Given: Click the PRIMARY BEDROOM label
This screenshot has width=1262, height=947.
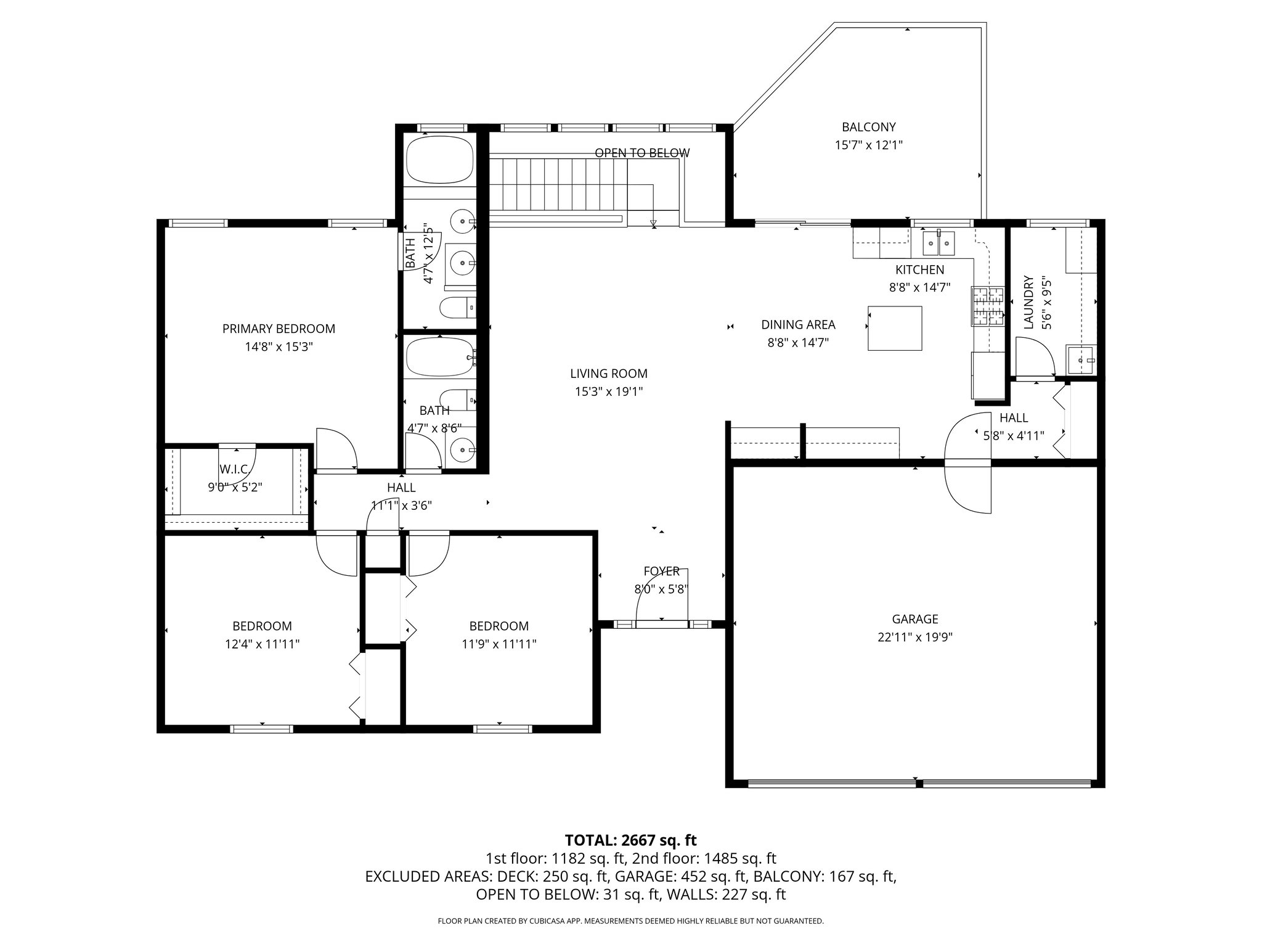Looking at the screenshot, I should click(279, 329).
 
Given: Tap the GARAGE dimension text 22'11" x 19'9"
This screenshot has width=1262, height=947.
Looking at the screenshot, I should click(915, 637).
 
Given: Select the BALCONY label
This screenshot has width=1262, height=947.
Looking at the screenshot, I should click(869, 127).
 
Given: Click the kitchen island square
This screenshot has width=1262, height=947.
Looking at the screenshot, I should click(895, 328).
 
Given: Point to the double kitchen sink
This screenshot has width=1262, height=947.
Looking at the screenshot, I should click(938, 244).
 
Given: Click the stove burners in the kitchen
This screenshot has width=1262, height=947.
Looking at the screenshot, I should click(988, 306).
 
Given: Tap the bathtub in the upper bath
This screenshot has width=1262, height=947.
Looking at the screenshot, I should click(440, 159).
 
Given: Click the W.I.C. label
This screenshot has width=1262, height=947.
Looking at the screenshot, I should click(234, 469).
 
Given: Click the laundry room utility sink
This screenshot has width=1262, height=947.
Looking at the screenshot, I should click(1081, 360).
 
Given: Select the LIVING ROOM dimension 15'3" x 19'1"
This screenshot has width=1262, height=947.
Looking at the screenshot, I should click(609, 392).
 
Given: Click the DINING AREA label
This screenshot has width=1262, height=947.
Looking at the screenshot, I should click(798, 324).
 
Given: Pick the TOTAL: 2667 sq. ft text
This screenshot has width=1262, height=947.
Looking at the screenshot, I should click(630, 840).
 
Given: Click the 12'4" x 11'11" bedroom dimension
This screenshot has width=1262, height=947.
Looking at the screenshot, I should click(262, 644).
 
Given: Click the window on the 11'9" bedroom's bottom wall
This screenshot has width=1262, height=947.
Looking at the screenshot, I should click(502, 729).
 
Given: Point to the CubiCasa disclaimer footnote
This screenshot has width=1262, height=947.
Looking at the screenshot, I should click(630, 921).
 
